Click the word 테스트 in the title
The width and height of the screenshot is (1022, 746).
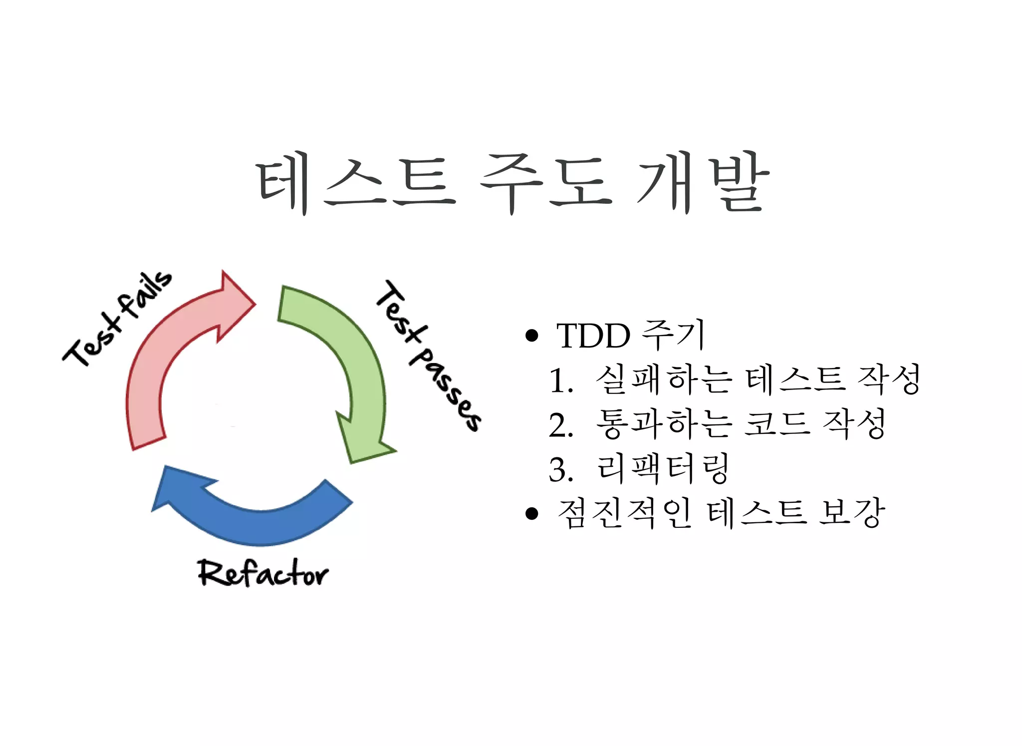356,183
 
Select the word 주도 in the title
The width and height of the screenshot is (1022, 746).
545,183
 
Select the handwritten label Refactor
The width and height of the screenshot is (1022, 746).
263,573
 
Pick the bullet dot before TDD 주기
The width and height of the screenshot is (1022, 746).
532,336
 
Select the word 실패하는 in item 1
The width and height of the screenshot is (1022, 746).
664,379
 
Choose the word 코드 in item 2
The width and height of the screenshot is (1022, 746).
776,424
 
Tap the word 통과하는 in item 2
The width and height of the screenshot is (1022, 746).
664,424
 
